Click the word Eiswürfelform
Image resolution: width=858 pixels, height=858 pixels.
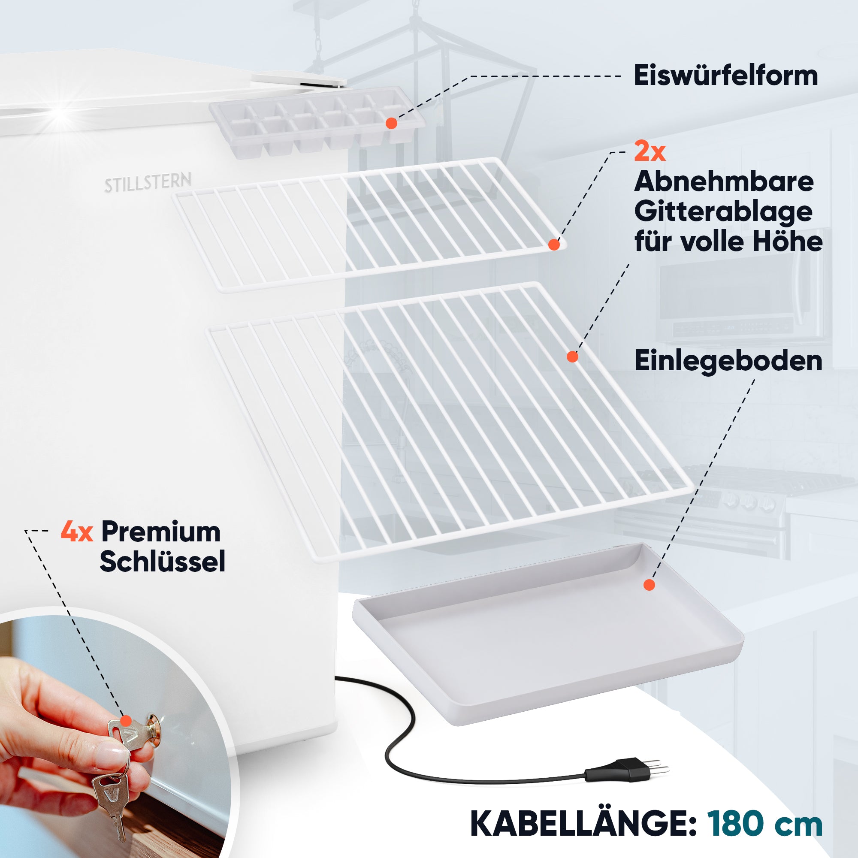coord(725,76)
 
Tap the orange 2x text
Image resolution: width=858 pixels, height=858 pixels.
coord(649,152)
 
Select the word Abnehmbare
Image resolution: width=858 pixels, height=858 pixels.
coord(723,181)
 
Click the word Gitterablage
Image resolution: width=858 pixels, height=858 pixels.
coord(723,213)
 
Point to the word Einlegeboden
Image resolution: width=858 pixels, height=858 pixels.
coord(728,361)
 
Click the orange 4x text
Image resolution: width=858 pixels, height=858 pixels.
coord(77,532)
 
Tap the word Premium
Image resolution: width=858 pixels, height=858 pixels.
coord(161,532)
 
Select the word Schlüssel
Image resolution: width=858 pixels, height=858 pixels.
coord(163,561)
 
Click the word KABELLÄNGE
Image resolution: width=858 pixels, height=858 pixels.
coord(583,824)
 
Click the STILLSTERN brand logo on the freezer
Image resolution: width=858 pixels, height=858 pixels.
coord(148,182)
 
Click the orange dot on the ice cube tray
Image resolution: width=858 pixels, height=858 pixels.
coord(391,124)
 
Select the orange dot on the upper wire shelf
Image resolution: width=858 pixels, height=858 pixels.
coord(554,244)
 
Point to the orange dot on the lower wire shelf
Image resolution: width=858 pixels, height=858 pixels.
coord(572,356)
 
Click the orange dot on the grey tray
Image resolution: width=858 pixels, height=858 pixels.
coord(649,585)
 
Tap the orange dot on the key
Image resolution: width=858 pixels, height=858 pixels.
coord(126,720)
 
